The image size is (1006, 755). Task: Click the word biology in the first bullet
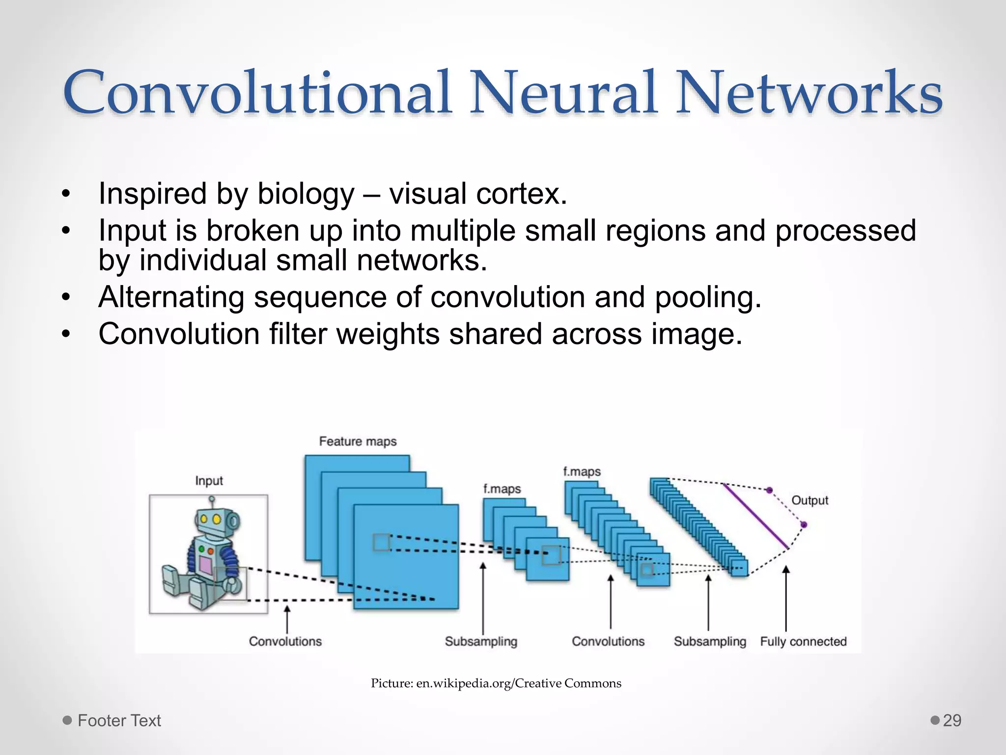click(x=306, y=194)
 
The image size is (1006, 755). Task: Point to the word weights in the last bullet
click(x=388, y=334)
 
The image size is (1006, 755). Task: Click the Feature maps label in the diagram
click(x=358, y=441)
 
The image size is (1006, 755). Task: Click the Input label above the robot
click(x=209, y=481)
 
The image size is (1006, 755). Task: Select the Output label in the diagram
click(x=810, y=500)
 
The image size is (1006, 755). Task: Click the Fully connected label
click(x=803, y=641)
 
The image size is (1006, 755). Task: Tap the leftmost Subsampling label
click(x=481, y=641)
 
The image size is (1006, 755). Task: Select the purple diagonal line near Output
click(x=755, y=516)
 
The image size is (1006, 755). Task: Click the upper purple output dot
click(x=770, y=490)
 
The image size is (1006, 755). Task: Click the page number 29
click(x=952, y=721)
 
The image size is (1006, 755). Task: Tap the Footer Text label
click(x=119, y=721)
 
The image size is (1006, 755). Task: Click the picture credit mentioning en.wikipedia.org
click(x=496, y=683)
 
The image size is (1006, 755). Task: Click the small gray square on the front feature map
click(x=382, y=543)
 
